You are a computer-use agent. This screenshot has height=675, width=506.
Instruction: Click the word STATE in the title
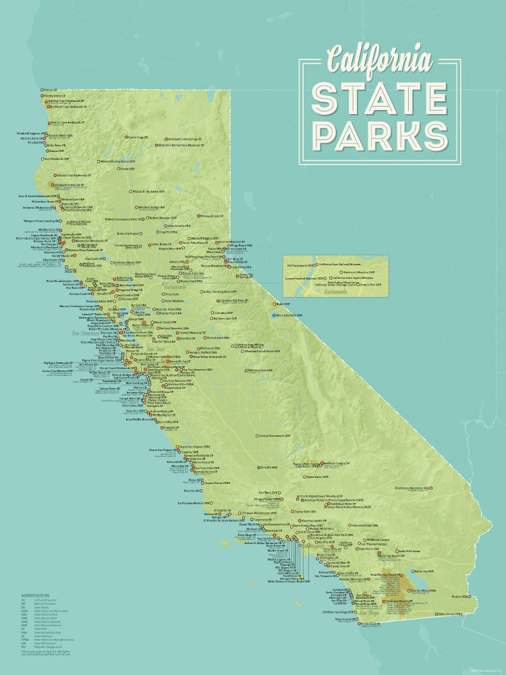[380, 98]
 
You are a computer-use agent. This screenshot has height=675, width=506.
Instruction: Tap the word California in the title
[380, 59]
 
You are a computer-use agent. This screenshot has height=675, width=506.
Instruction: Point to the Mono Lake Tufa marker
[273, 315]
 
